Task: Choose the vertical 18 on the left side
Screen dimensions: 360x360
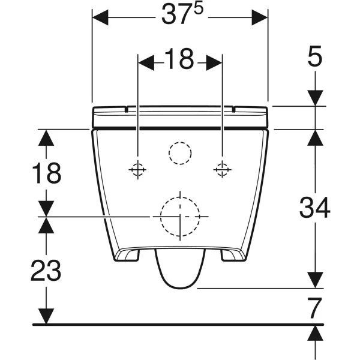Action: [46, 173]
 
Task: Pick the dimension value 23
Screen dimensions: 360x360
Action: [46, 271]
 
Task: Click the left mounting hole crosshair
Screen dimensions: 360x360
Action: [138, 170]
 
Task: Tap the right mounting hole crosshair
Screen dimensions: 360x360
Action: [223, 170]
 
